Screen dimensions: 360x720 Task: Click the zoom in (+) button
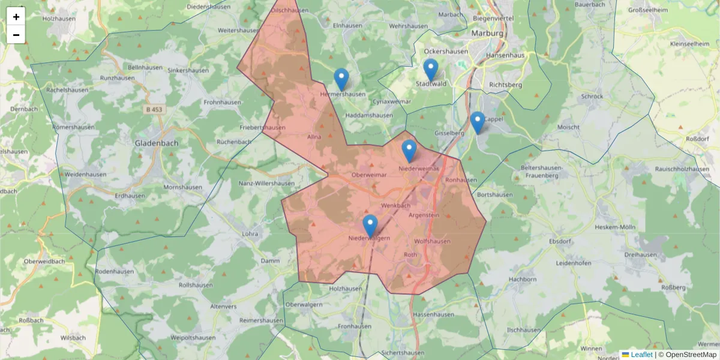pos(16,17)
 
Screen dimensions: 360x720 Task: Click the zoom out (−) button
pos(16,35)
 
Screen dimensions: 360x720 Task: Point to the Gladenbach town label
pos(157,143)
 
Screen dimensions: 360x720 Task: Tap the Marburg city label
pos(487,34)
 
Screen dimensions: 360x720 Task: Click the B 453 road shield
pos(154,109)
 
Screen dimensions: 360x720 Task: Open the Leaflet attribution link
pos(641,355)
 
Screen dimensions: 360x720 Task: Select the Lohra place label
pos(249,233)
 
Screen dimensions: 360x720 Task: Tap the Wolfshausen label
pos(432,241)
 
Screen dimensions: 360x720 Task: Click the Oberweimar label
pos(367,175)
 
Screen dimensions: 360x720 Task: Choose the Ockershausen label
pos(446,52)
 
